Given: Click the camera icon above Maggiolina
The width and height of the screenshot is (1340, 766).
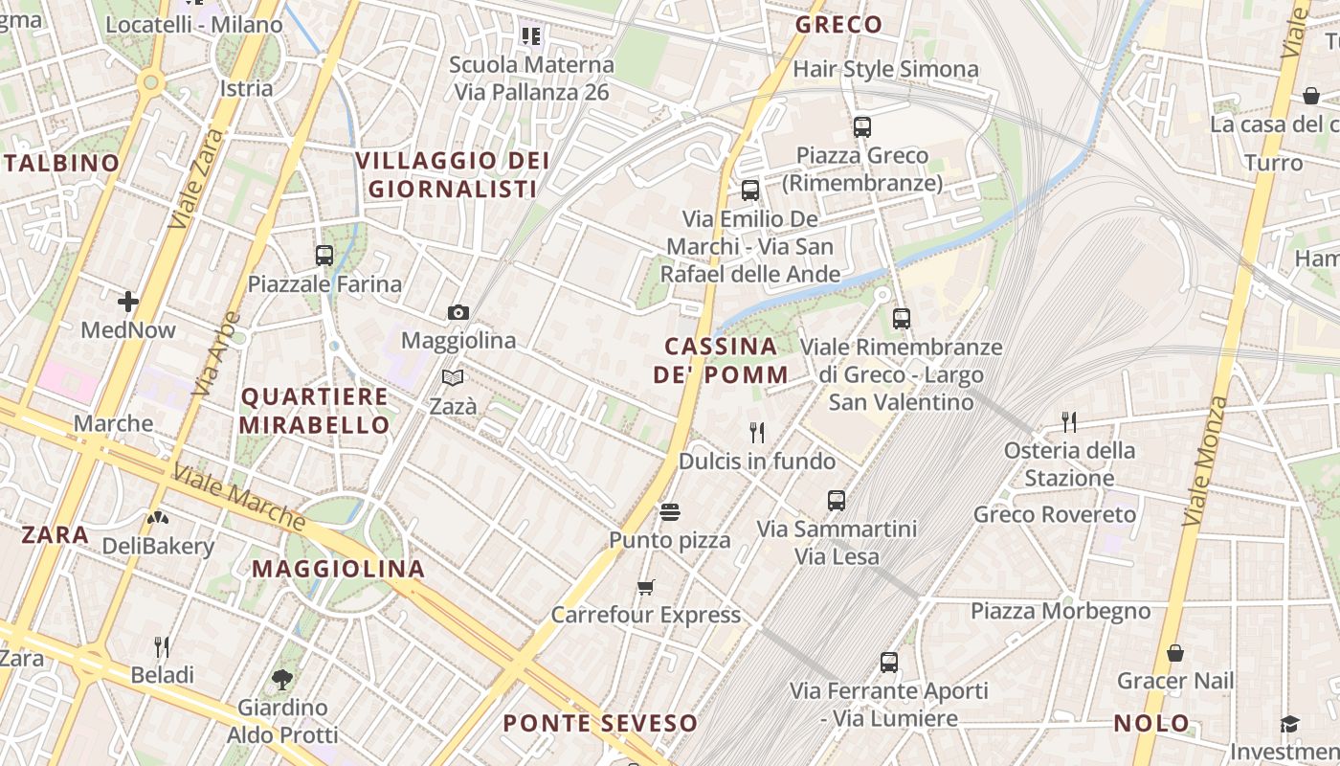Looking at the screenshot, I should click(458, 312).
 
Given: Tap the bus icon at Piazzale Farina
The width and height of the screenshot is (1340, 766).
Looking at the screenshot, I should click(324, 256).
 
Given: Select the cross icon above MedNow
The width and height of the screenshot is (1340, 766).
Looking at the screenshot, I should click(128, 303).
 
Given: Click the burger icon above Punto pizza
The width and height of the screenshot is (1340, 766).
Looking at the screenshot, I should click(670, 512).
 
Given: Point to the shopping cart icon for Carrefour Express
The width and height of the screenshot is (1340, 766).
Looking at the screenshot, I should click(646, 587).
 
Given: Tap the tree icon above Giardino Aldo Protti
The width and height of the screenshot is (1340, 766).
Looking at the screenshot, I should click(282, 680).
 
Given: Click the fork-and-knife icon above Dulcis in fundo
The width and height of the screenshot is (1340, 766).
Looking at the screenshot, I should click(757, 433).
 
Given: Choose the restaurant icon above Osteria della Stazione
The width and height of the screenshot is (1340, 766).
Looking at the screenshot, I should click(1069, 421).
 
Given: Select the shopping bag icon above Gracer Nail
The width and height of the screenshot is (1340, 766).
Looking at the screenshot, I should click(1175, 654).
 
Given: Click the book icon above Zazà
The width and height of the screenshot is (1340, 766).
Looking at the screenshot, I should click(453, 377).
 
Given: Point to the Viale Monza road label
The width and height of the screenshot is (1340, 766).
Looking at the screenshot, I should click(1204, 460).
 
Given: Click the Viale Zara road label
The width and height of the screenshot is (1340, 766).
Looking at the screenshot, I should click(195, 178).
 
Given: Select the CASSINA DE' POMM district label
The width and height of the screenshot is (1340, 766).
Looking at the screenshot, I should click(722, 360).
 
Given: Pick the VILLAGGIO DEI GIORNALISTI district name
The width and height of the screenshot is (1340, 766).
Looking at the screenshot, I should click(453, 174).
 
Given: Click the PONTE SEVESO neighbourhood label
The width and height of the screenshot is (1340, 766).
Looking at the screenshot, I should click(600, 723).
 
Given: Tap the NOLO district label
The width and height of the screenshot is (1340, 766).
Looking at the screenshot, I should click(1151, 723).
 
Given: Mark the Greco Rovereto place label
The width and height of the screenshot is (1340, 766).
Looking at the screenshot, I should click(1055, 514).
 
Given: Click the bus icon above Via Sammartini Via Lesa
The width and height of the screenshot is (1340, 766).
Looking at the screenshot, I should click(837, 500).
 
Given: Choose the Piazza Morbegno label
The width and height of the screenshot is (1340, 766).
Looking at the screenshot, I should click(1061, 611).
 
